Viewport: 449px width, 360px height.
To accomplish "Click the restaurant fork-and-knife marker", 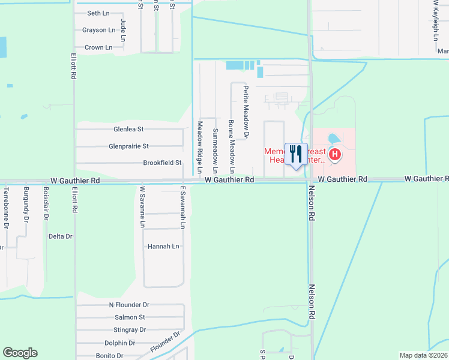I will [295, 154].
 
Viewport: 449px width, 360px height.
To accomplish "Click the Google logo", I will [20, 353].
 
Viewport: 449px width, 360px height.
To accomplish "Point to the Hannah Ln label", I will [163, 247].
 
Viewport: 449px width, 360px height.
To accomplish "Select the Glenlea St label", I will [128, 129].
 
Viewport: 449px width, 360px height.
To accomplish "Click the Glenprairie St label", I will [128, 146].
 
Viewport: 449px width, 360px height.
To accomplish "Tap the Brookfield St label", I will [162, 163].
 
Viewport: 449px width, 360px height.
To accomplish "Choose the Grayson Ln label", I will [99, 30].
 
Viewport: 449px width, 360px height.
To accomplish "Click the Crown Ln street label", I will [98, 47].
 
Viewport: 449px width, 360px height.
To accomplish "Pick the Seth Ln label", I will [98, 13].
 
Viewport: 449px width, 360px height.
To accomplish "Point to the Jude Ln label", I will [123, 30].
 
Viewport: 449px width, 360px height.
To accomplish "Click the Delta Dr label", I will [60, 236].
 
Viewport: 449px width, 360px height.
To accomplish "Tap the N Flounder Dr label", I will [128, 305].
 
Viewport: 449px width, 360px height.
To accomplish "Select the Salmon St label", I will [130, 317].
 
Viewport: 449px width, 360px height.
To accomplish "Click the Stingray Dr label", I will [130, 330].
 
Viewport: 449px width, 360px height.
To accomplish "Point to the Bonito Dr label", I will [109, 356].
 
